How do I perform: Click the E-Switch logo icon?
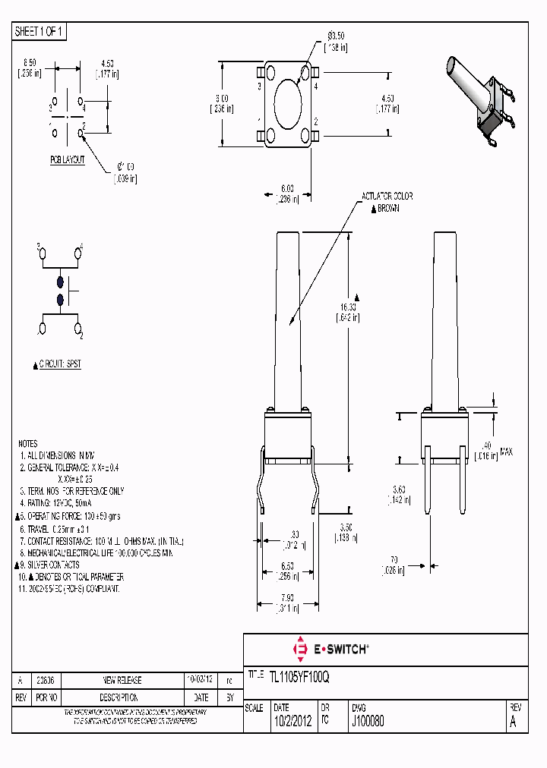(x=300, y=649)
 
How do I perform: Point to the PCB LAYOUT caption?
(x=68, y=160)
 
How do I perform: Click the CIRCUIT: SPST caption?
(x=59, y=364)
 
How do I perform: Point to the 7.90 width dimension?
(x=286, y=597)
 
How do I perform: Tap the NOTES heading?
(x=28, y=443)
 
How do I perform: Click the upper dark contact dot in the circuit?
(x=60, y=282)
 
